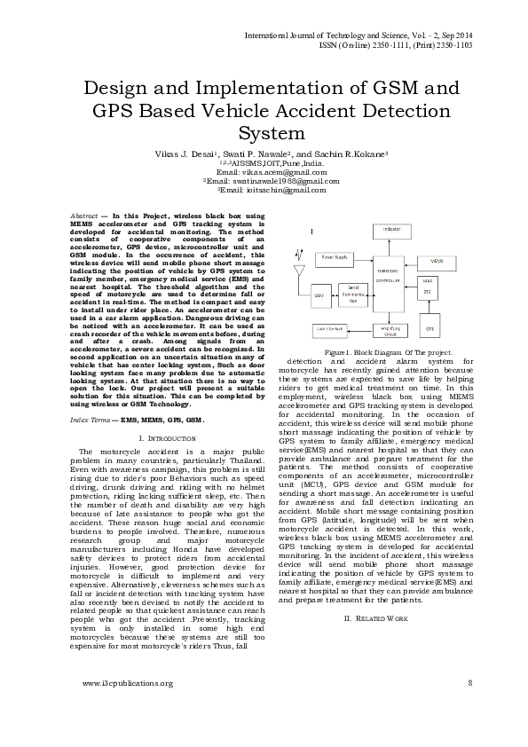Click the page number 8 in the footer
point(469,683)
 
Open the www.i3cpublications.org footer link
point(127,683)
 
